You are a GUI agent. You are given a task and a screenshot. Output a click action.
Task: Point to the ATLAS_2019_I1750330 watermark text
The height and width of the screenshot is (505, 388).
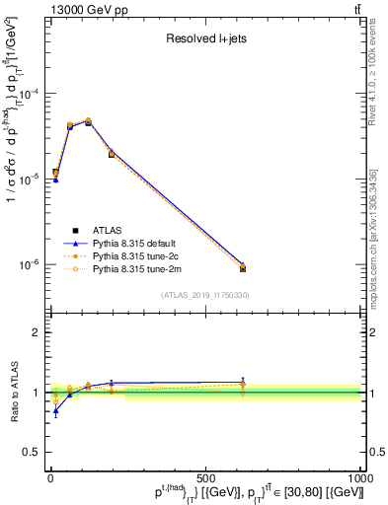click(205, 295)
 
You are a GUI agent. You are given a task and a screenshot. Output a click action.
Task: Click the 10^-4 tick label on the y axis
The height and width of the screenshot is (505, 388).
click(29, 94)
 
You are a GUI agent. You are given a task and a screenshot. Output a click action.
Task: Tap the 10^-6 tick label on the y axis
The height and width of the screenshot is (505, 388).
click(29, 264)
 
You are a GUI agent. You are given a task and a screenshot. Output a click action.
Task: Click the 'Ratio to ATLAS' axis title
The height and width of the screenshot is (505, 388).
click(11, 393)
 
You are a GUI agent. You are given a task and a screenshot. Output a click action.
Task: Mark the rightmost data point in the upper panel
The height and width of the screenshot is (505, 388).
click(243, 267)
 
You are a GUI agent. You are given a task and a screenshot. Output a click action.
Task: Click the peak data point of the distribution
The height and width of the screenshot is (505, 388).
click(88, 121)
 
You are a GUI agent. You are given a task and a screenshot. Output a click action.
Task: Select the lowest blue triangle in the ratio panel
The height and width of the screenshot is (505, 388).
click(55, 411)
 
